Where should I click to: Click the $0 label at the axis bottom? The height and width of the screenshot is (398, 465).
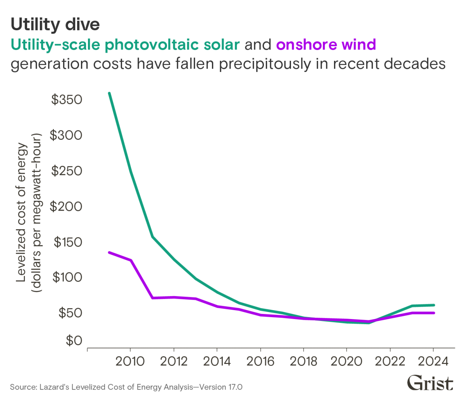[x=74, y=341]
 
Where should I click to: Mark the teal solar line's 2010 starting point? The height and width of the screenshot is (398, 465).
[x=110, y=93]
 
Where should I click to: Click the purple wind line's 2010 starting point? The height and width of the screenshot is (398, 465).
[x=110, y=252]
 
